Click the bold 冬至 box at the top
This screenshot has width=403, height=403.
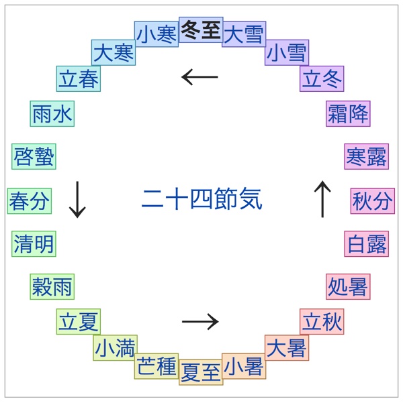coord(201,31)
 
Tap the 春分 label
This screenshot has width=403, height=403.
coord(30,200)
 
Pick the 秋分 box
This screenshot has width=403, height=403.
coord(373,200)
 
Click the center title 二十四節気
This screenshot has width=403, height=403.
coord(201,199)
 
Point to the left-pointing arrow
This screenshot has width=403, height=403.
coord(200,77)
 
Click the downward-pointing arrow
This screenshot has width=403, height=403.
coord(78,199)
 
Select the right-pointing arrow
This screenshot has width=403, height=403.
coord(200,322)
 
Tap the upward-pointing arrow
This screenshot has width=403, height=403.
coord(323,199)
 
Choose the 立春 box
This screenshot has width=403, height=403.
coord(79,78)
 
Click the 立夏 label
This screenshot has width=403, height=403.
coord(79,322)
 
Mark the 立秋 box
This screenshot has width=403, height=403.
coord(322,322)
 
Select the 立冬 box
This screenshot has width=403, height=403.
coord(322,78)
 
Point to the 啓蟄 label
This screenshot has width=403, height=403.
coord(34,157)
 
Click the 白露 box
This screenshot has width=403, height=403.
coord(367,243)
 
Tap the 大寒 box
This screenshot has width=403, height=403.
coord(114,53)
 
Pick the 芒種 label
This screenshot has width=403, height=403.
coord(156,366)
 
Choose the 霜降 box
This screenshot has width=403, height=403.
coord(348,114)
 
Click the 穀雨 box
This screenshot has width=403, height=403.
coord(52,286)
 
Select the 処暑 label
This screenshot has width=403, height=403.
coord(348,286)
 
